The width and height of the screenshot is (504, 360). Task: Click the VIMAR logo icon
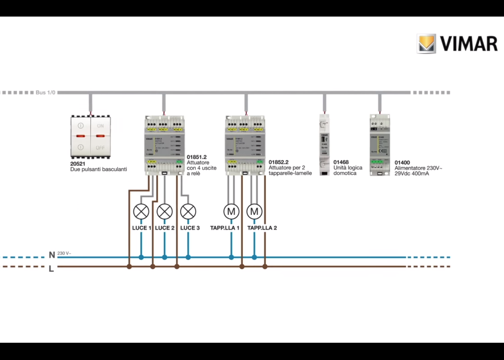(426, 44)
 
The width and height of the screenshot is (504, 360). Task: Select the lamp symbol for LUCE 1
(141, 212)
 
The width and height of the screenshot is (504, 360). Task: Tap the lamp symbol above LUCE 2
(165, 212)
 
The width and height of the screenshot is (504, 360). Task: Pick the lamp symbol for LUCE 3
(188, 212)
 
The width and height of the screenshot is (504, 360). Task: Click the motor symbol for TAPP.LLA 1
(231, 212)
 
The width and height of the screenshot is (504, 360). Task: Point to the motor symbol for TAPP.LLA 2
(254, 212)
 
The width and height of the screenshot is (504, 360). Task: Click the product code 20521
(78, 164)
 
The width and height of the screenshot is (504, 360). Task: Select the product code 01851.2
(197, 157)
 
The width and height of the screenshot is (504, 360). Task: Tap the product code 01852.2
(279, 162)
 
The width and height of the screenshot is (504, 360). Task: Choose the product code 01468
(341, 162)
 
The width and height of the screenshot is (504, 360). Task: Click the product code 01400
(402, 163)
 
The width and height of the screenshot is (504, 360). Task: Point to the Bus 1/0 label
(45, 93)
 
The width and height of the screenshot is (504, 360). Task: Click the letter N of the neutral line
(52, 255)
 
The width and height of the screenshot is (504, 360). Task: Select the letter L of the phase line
(51, 269)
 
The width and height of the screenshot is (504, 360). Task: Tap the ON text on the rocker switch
(100, 126)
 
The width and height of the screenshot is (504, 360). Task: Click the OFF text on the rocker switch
(100, 148)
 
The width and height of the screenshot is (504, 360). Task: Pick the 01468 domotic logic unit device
(324, 145)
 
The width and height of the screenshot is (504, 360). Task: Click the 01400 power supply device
(380, 145)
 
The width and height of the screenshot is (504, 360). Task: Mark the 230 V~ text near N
(64, 253)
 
